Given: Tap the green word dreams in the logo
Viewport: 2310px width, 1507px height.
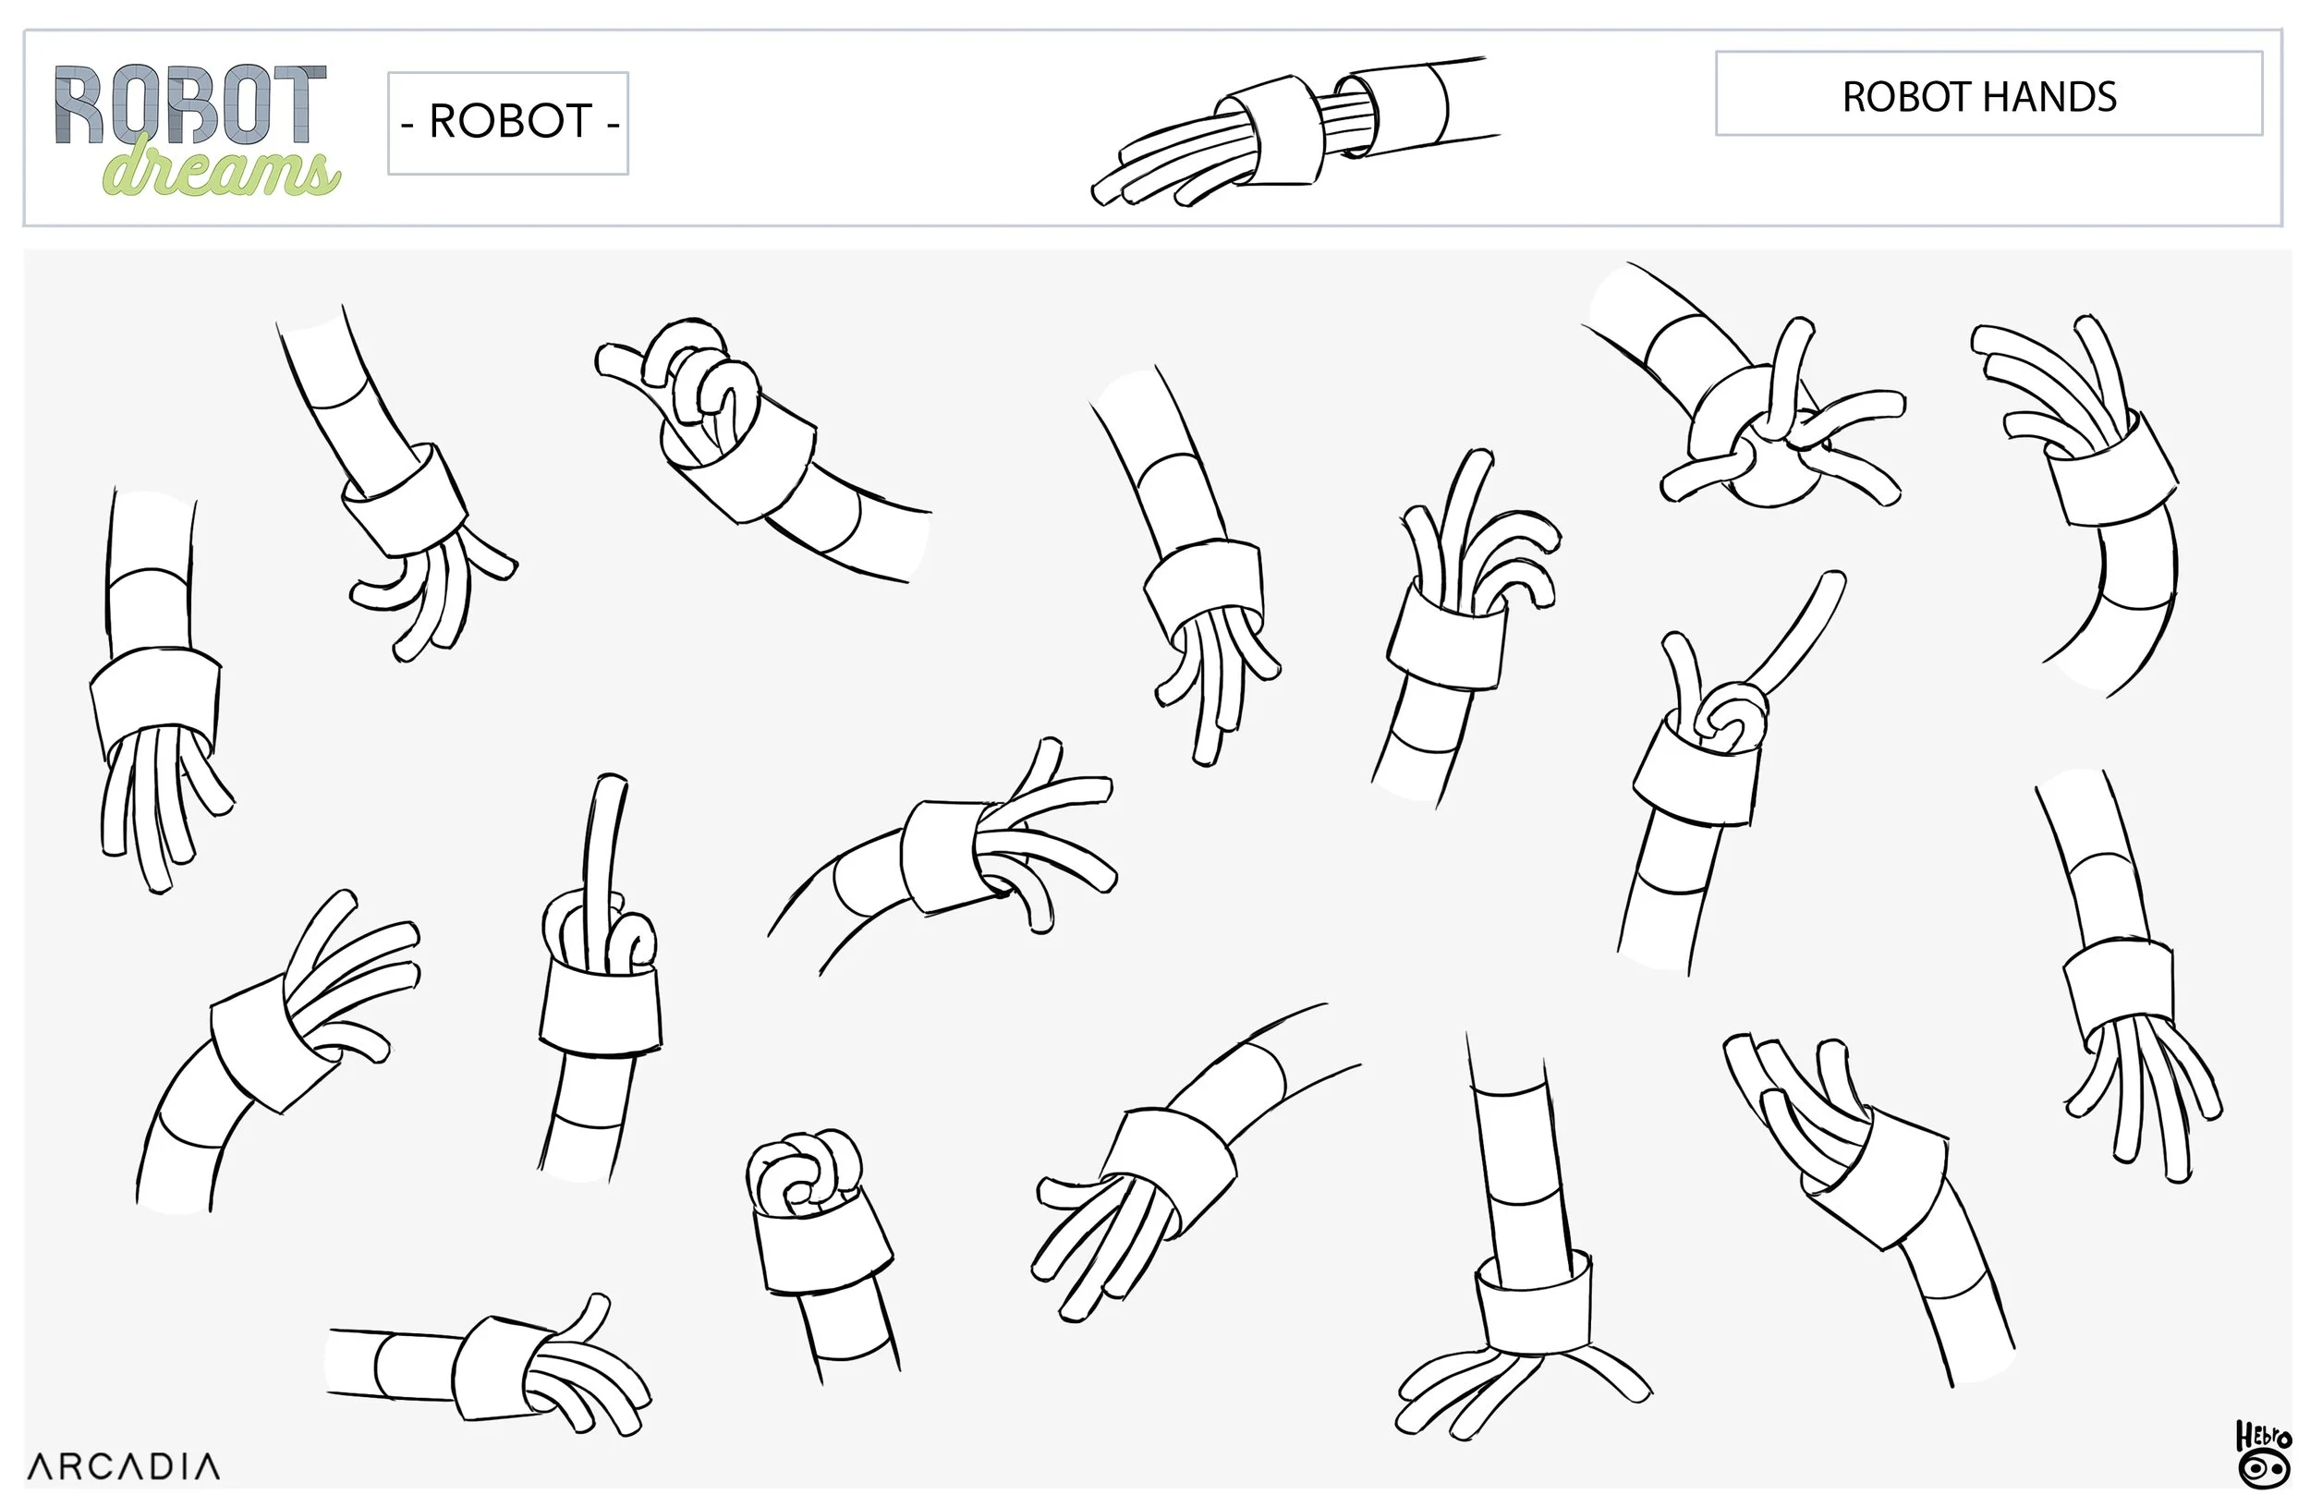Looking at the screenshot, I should [x=221, y=171].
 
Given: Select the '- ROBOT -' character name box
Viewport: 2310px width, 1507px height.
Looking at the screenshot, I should [x=507, y=122].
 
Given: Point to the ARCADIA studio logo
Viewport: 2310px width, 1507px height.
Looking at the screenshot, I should [x=123, y=1466].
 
